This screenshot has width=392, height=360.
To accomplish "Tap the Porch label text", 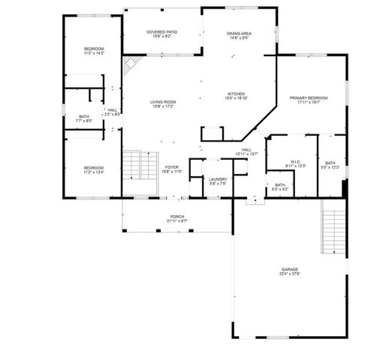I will tap(176, 218).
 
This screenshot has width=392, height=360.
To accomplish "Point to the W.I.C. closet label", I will tap(295, 163).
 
